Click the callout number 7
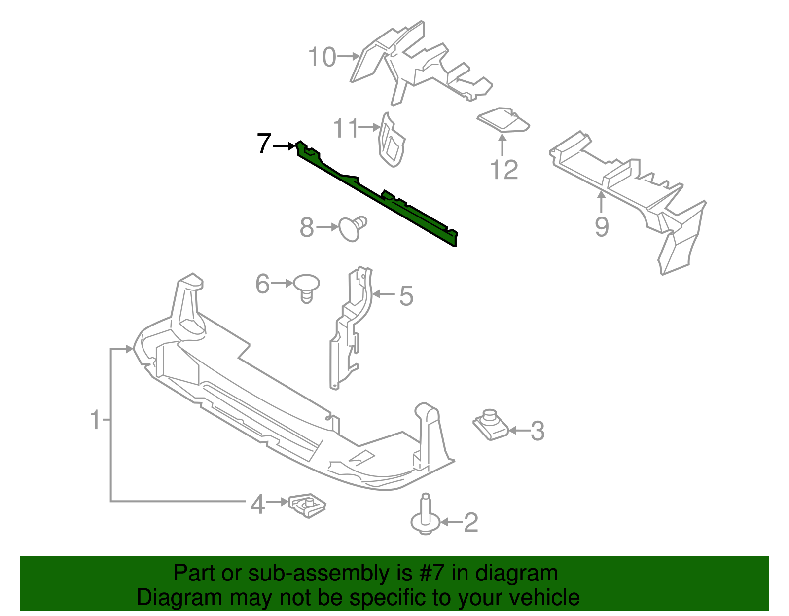[264, 144]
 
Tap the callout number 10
[322, 57]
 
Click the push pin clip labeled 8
[352, 228]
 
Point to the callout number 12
[504, 170]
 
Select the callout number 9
[601, 226]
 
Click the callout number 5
[406, 296]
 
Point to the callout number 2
[470, 522]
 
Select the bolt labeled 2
[425, 518]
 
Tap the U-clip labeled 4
[307, 505]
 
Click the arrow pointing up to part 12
[502, 145]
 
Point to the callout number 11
[346, 128]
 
